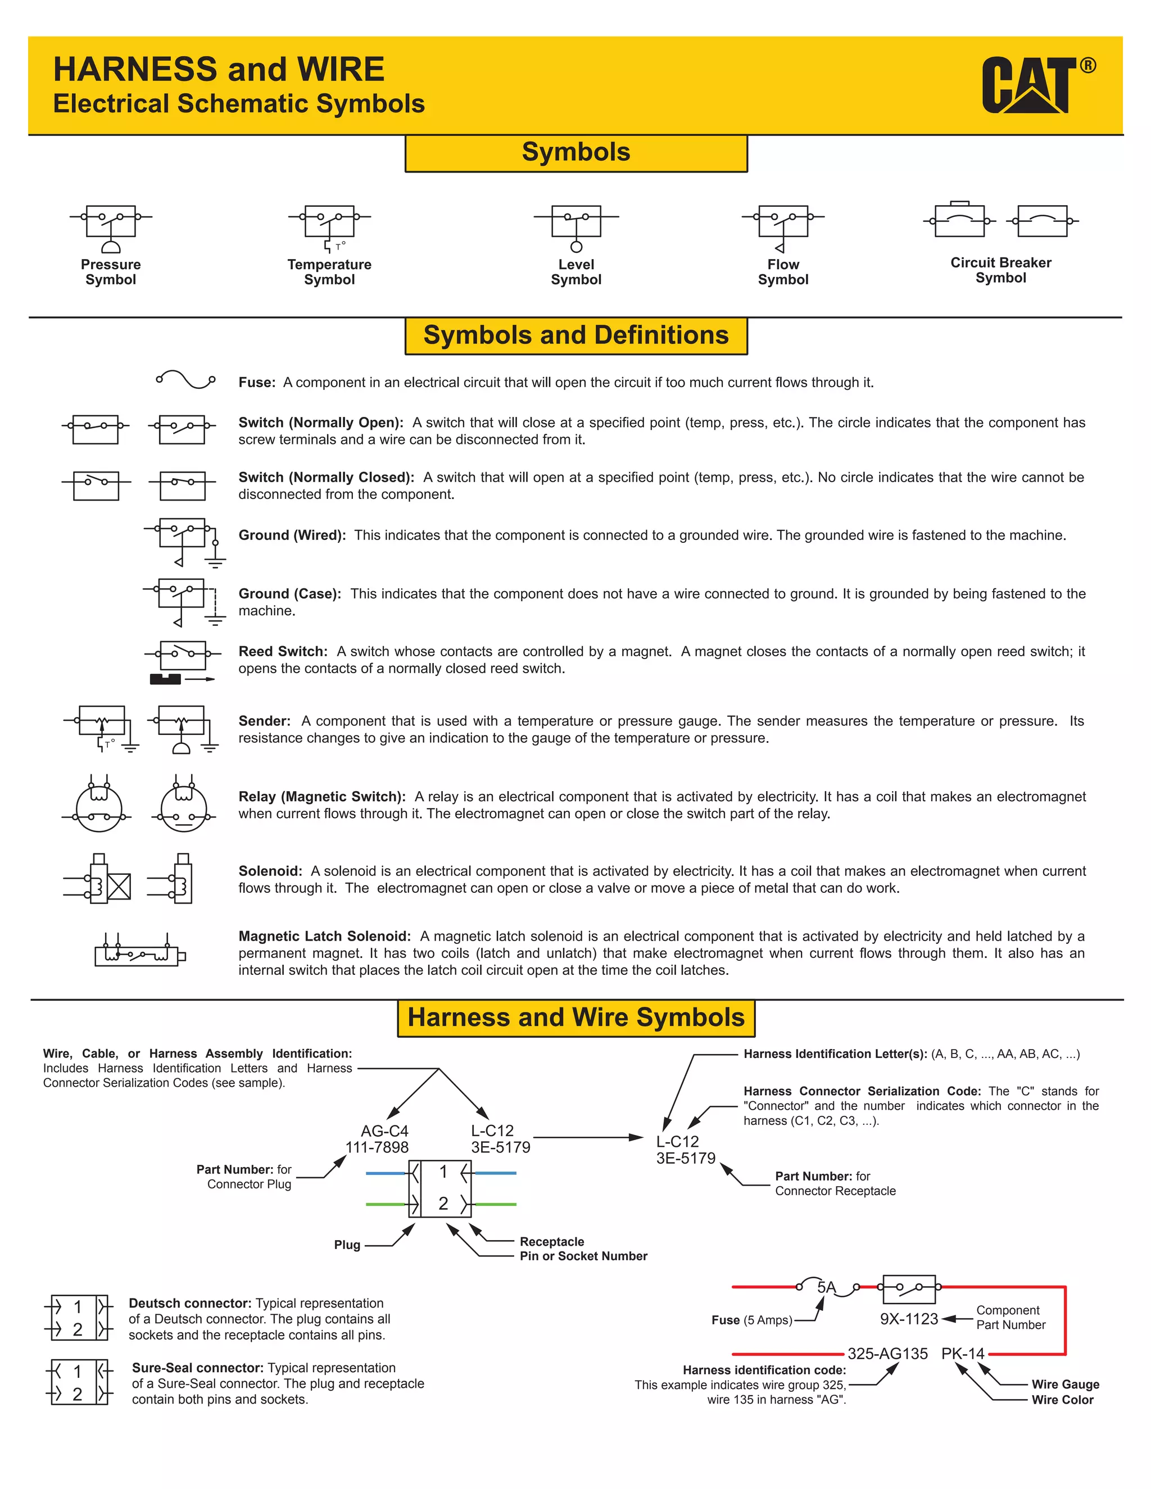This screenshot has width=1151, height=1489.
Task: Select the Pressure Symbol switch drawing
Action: [111, 226]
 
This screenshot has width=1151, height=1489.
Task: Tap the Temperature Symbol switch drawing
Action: [329, 226]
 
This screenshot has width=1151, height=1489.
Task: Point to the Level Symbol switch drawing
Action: [576, 226]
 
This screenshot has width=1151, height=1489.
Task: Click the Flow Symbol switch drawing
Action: [783, 226]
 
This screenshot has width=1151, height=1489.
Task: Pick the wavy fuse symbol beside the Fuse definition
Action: [185, 379]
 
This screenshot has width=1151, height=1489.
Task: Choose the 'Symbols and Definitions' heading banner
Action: [576, 335]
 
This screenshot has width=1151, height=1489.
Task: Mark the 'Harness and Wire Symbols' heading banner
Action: [576, 1018]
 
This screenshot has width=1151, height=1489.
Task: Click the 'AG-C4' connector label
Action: [384, 1131]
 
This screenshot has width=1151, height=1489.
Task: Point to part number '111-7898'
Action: [377, 1147]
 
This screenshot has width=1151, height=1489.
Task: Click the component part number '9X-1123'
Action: [909, 1319]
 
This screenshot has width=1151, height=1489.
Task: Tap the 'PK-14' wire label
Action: [963, 1354]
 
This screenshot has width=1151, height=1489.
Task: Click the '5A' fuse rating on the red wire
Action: [826, 1287]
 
